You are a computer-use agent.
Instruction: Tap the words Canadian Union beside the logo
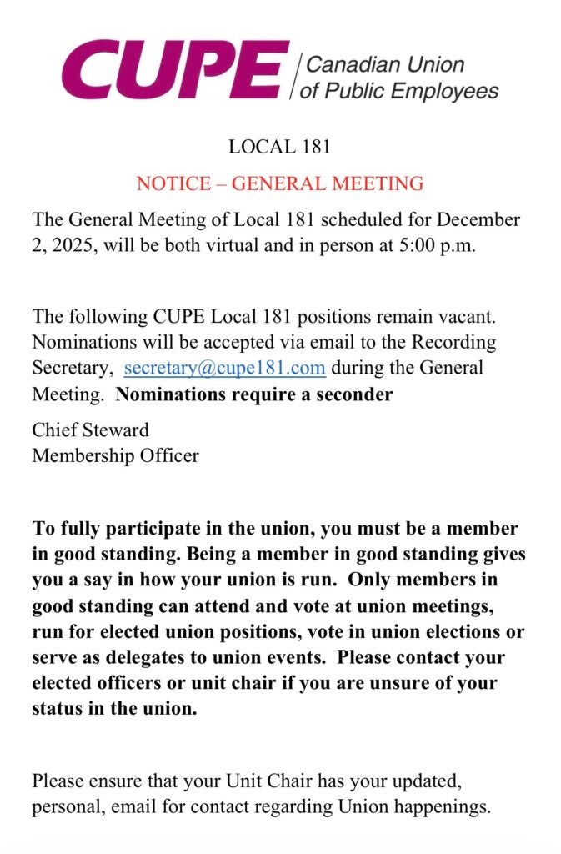tap(386, 64)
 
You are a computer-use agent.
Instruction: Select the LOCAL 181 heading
tap(280, 148)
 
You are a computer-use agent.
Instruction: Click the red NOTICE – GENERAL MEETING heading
tap(280, 183)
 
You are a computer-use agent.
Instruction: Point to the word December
tap(478, 220)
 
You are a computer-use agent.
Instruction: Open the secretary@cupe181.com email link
tap(224, 368)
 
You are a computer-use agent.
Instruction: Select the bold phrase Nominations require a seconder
tap(254, 394)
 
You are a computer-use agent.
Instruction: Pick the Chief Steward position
tap(90, 430)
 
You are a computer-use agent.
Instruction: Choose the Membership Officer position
tap(115, 455)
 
